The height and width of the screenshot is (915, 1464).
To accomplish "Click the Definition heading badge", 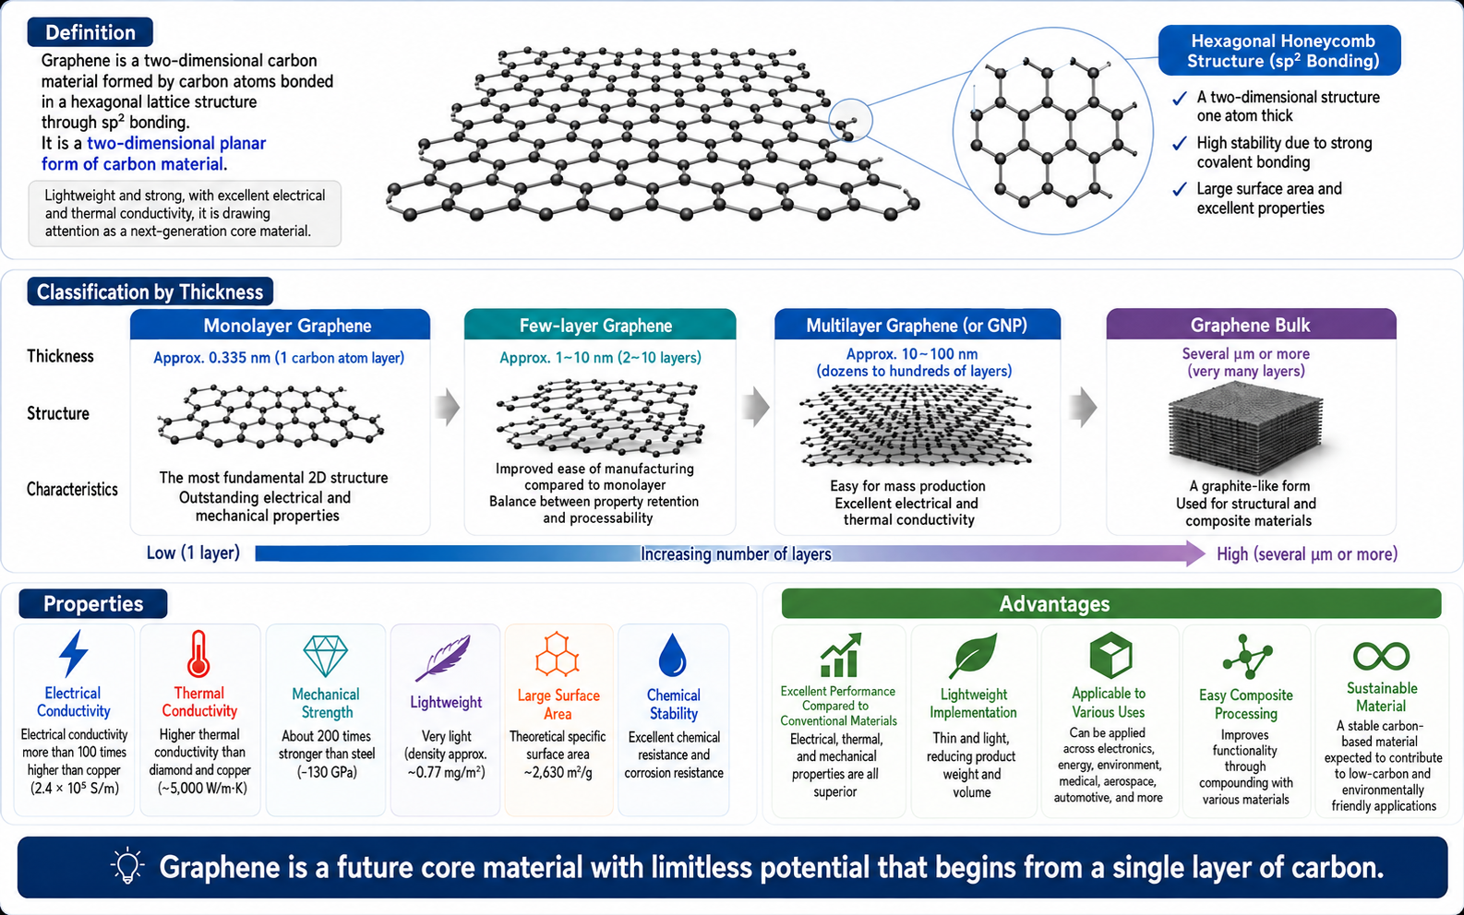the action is pyautogui.click(x=90, y=32).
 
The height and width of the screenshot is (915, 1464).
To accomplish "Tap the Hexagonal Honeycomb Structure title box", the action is pyautogui.click(x=1279, y=51).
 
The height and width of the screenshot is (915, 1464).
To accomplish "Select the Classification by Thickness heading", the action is pyautogui.click(x=150, y=292).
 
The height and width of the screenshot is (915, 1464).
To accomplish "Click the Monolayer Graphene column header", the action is pyautogui.click(x=281, y=325).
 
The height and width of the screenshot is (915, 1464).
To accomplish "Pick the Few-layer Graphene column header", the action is pyautogui.click(x=600, y=325).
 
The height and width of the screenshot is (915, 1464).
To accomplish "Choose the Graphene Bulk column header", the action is pyautogui.click(x=1251, y=325).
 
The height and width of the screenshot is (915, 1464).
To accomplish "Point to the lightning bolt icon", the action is pyautogui.click(x=73, y=653).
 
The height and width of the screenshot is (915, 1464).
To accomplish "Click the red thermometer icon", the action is pyautogui.click(x=198, y=653).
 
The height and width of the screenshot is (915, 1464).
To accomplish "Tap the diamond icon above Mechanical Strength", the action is pyautogui.click(x=326, y=656).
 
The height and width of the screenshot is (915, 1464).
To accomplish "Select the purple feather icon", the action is pyautogui.click(x=443, y=658).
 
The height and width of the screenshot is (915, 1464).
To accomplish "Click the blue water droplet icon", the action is pyautogui.click(x=673, y=655).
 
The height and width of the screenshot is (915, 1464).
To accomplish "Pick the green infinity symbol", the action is pyautogui.click(x=1381, y=657).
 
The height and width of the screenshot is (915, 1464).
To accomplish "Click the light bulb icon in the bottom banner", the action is pyautogui.click(x=127, y=866).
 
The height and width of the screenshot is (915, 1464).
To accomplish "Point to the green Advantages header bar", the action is pyautogui.click(x=1111, y=603).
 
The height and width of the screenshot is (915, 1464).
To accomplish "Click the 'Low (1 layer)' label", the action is pyautogui.click(x=193, y=553).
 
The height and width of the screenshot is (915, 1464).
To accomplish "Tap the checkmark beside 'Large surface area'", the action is pyautogui.click(x=1180, y=189).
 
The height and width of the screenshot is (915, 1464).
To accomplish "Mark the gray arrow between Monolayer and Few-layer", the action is pyautogui.click(x=448, y=407).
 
